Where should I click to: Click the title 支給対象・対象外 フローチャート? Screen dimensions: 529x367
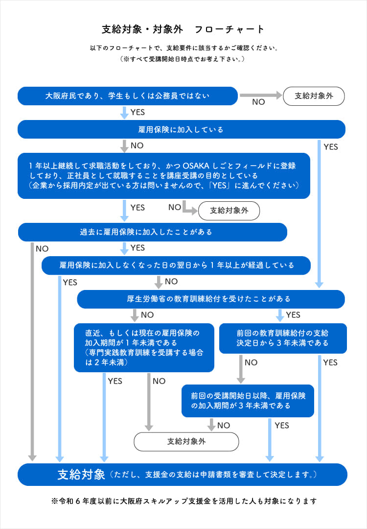tap(183, 29)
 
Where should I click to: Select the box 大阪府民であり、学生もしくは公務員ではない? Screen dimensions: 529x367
tap(128, 96)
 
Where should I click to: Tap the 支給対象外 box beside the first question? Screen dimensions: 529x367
tap(314, 96)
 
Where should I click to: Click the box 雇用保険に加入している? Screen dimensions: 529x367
tap(181, 130)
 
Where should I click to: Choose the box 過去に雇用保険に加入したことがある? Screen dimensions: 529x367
tap(152, 232)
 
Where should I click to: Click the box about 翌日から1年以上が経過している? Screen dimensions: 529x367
tap(176, 265)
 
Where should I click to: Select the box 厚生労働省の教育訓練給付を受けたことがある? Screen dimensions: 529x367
tap(211, 299)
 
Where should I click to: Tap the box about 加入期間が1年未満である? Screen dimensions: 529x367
tap(144, 347)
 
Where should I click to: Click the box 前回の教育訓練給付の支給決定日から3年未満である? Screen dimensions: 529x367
tap(283, 338)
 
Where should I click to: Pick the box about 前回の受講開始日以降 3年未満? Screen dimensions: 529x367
tap(248, 401)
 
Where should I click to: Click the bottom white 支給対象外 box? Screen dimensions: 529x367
tap(186, 441)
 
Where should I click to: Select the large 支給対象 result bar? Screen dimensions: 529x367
tap(182, 474)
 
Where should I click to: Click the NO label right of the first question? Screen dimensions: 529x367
tap(258, 102)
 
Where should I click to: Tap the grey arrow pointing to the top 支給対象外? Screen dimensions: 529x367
tap(260, 95)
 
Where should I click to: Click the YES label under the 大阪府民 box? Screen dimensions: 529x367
tap(138, 112)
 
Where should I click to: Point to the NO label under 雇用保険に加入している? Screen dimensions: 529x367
tap(137, 146)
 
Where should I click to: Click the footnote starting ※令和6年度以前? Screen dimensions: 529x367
tap(183, 502)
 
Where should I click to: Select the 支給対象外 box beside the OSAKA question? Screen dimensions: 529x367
tap(229, 211)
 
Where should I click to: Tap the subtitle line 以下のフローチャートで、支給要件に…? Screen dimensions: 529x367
tap(183, 48)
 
